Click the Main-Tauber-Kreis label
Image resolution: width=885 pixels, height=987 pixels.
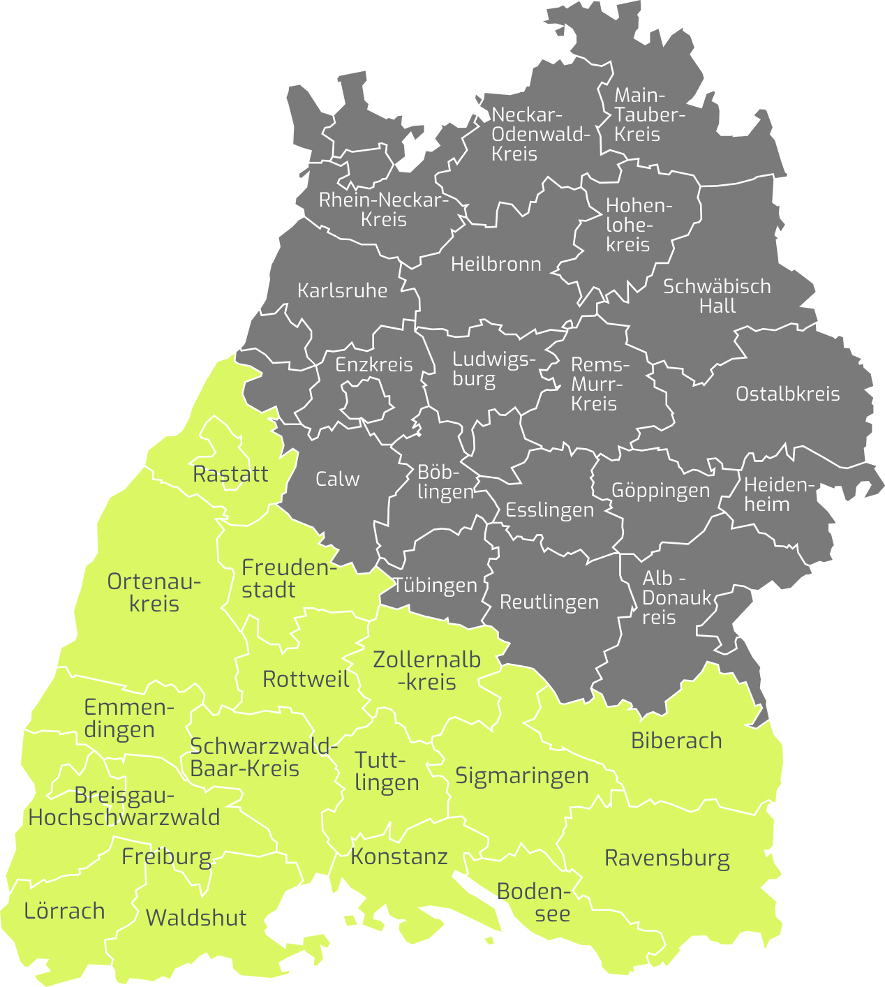click(649, 114)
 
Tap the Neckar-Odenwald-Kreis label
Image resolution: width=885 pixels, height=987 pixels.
click(540, 134)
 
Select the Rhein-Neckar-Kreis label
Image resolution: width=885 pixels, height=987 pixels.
click(383, 209)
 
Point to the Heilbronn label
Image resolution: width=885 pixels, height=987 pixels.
click(496, 264)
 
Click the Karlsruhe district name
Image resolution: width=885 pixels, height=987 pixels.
click(342, 290)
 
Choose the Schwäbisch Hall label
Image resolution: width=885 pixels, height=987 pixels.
click(717, 296)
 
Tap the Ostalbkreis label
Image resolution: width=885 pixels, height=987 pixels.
click(787, 394)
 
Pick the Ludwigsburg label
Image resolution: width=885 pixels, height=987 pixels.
click(493, 369)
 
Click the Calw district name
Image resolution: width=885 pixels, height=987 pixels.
click(337, 479)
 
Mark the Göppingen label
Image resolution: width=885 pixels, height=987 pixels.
click(660, 490)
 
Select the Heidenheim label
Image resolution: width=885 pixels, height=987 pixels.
click(778, 494)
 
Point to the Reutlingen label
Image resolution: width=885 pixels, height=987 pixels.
click(549, 602)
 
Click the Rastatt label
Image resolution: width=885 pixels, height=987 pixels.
click(230, 474)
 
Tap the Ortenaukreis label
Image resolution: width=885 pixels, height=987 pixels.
click(154, 592)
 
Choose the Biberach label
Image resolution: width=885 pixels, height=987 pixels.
click(676, 741)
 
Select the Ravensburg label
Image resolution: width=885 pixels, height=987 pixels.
click(667, 858)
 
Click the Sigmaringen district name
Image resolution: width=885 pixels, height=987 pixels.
click(522, 775)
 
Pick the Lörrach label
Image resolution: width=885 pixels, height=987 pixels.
click(64, 911)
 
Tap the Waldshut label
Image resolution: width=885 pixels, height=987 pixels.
click(196, 917)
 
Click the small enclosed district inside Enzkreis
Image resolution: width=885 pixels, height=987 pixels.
click(366, 403)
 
